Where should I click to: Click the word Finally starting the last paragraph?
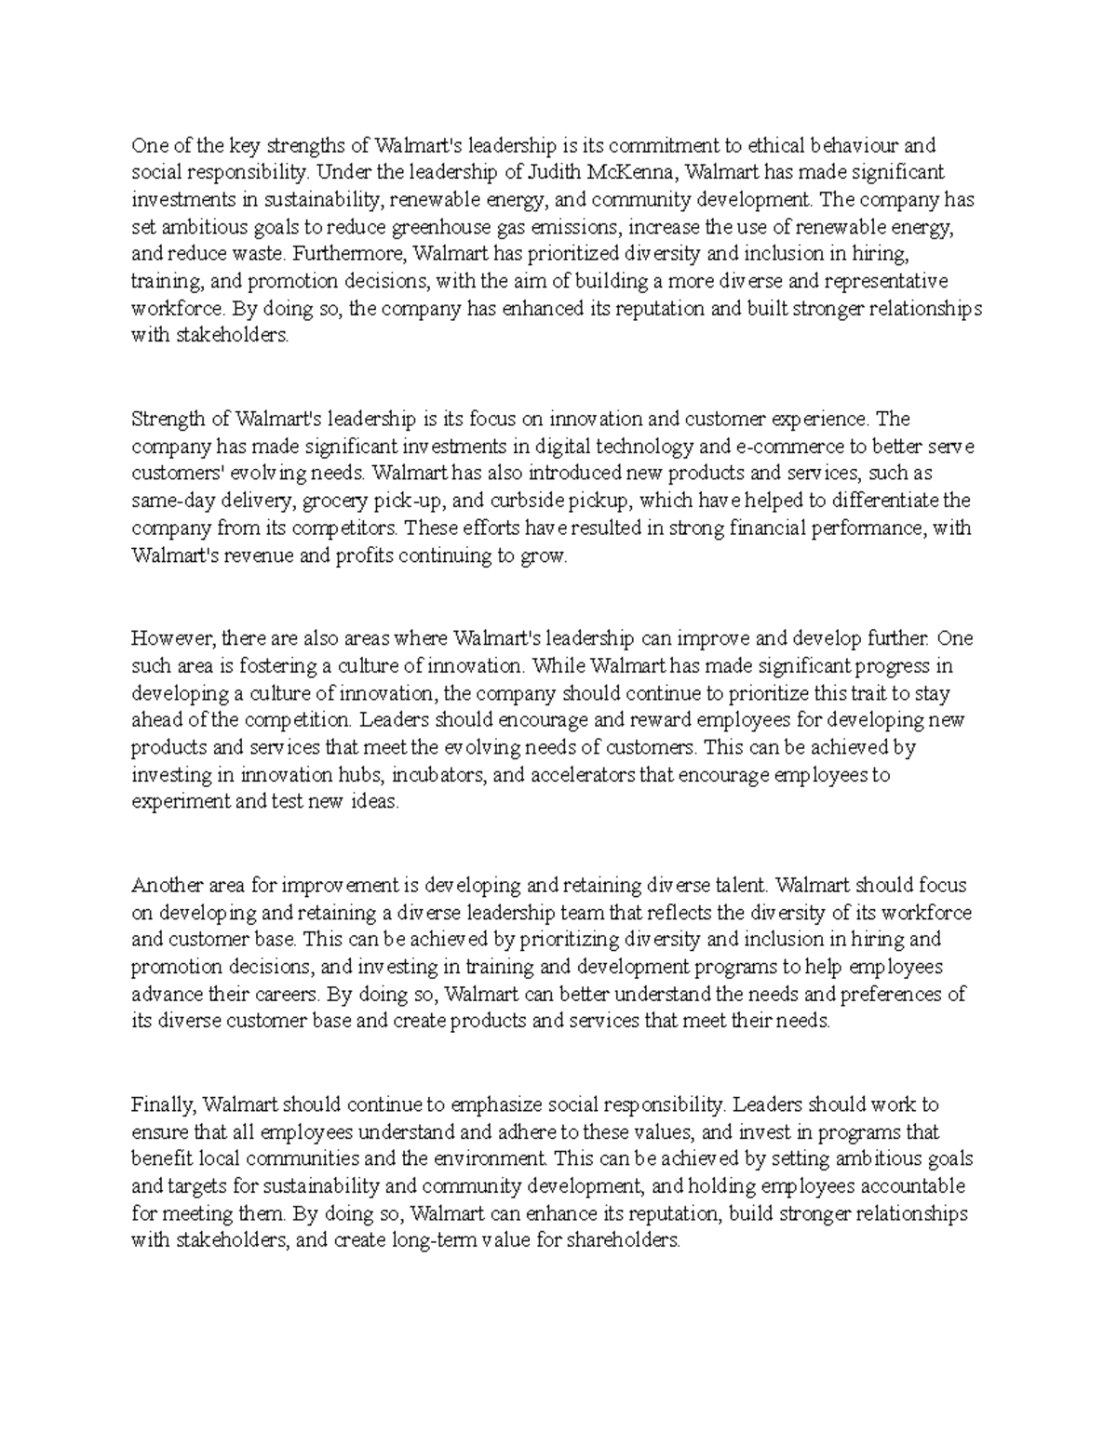[x=163, y=1105]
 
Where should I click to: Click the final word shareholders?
[x=624, y=1242]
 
